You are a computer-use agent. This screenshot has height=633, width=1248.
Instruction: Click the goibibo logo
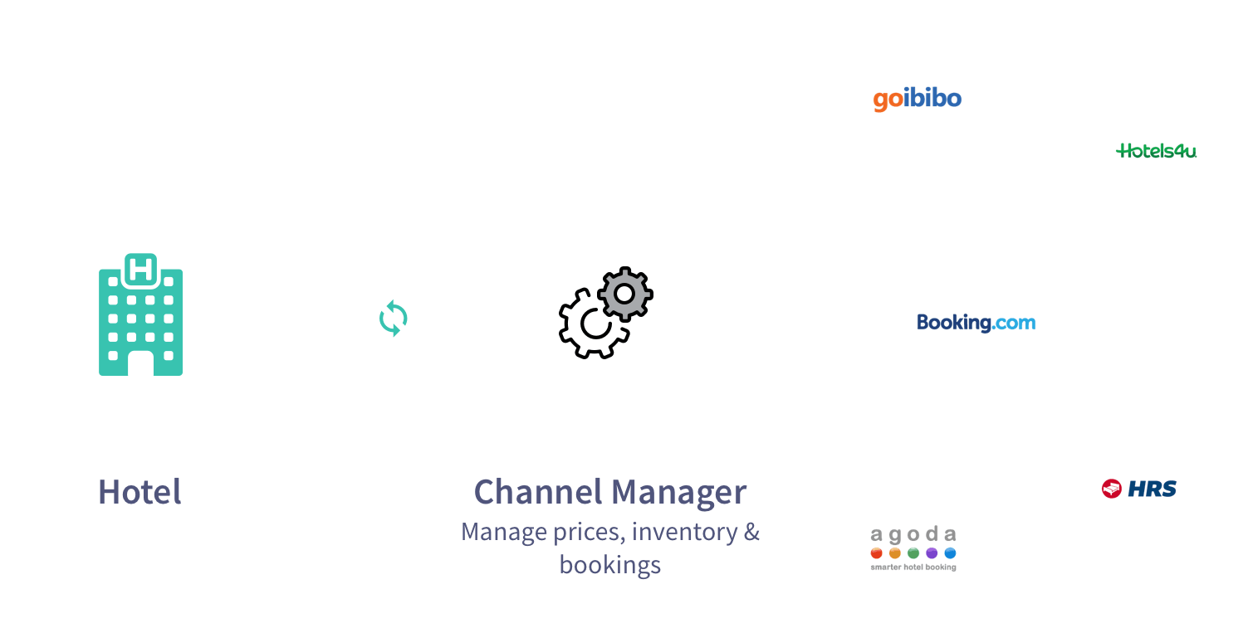[x=917, y=100]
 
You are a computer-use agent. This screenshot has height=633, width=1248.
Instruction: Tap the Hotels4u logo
[x=1157, y=151]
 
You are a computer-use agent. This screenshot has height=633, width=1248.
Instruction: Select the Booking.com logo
[x=976, y=322]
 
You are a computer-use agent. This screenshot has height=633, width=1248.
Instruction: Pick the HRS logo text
[x=1152, y=489]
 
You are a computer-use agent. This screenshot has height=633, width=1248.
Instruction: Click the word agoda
[x=913, y=534]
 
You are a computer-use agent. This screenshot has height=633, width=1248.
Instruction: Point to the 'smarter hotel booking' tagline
[x=913, y=567]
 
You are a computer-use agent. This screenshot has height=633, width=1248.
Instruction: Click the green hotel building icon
[x=140, y=319]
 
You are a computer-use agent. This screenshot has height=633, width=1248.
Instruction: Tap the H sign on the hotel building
[x=140, y=269]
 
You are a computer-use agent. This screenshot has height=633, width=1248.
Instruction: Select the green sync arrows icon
[x=393, y=319]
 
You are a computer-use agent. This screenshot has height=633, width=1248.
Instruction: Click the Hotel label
[x=139, y=492]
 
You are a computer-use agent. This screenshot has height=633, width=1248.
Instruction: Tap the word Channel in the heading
[x=536, y=492]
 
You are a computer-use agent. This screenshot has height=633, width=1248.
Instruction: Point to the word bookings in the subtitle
[x=610, y=565]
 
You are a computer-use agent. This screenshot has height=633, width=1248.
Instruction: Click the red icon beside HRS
[x=1112, y=489]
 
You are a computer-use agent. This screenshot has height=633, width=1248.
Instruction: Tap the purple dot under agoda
[x=932, y=553]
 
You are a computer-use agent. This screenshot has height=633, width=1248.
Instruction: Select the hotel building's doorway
[x=140, y=363]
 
